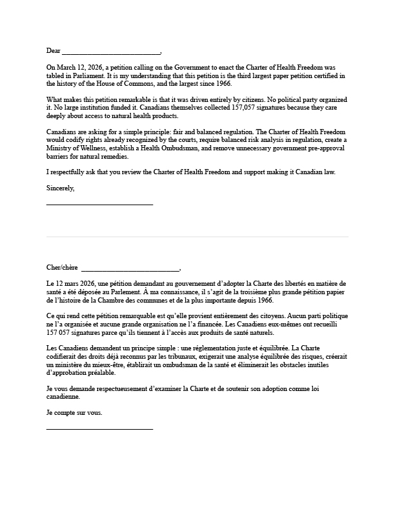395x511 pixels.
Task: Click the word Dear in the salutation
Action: (x=53, y=51)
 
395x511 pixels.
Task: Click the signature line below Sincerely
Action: (x=99, y=204)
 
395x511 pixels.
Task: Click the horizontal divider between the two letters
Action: (x=197, y=237)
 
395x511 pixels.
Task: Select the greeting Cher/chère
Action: (x=62, y=268)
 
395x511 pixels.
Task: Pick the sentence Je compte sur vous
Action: (x=74, y=413)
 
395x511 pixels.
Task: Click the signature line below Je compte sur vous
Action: (x=99, y=428)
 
